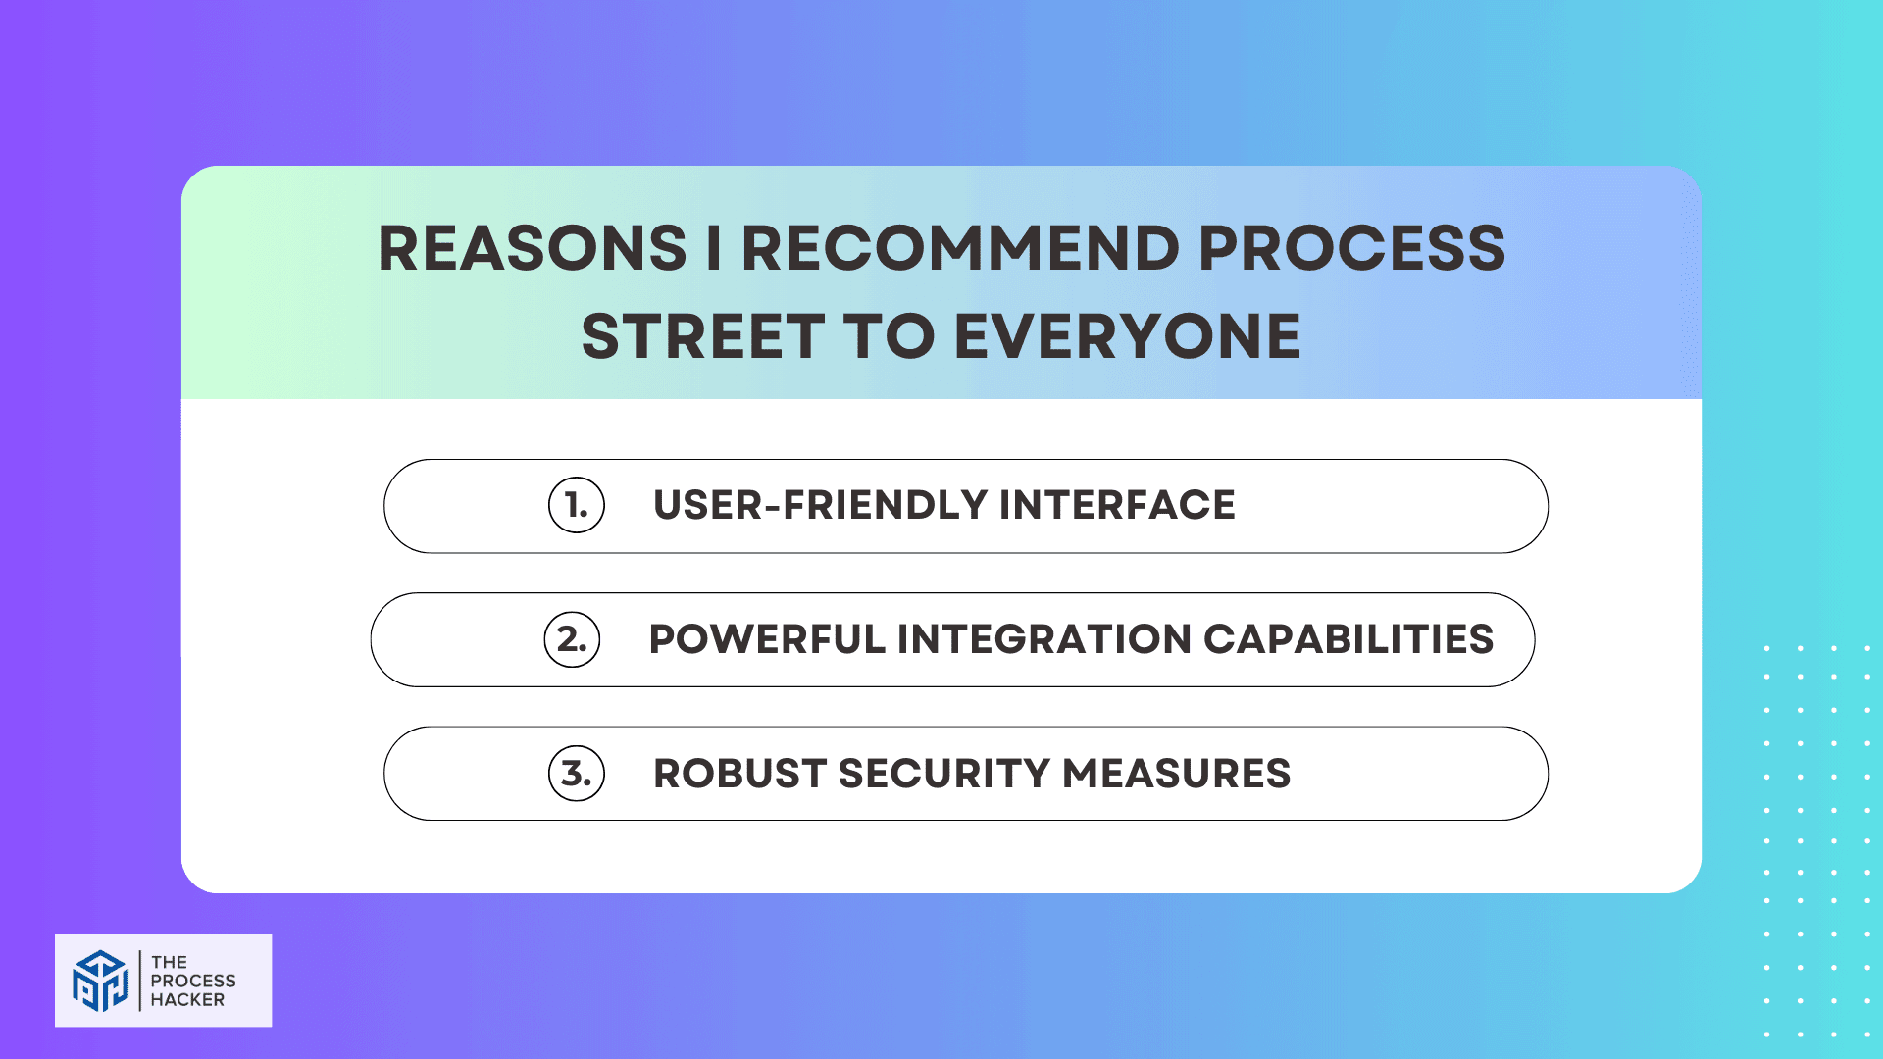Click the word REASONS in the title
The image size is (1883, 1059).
(533, 248)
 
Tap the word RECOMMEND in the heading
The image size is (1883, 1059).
(960, 248)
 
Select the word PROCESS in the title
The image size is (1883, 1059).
(1351, 248)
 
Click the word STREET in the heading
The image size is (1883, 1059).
(703, 336)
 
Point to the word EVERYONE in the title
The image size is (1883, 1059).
(1127, 336)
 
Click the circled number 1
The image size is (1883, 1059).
(577, 506)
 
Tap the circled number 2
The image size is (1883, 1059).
(572, 639)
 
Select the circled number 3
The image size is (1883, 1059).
(577, 774)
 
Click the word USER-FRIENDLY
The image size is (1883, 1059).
(820, 506)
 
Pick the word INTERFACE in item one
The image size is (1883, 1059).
(1117, 506)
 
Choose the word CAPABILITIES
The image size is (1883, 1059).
(1349, 639)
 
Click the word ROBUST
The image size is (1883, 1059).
(739, 774)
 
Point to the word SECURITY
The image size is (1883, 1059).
(944, 774)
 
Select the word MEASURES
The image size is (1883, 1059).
(1176, 774)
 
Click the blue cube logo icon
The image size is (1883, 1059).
(100, 980)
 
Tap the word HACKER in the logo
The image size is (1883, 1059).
(187, 1000)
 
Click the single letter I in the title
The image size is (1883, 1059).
(714, 248)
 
